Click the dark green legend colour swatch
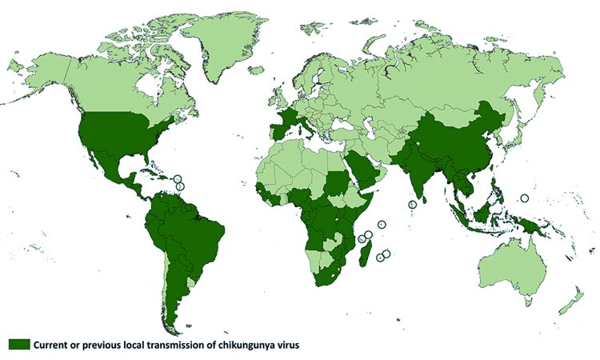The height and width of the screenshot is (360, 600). (19, 344)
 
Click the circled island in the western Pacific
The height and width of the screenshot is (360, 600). (525, 198)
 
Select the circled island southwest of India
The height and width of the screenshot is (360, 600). (412, 205)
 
